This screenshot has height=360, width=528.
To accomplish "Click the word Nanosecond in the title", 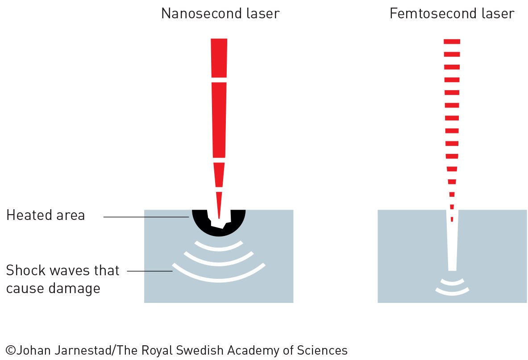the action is pyautogui.click(x=201, y=13).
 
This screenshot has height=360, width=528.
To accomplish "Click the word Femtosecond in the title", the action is pyautogui.click(x=432, y=13).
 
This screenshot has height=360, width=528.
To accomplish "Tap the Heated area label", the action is pyautogui.click(x=46, y=215).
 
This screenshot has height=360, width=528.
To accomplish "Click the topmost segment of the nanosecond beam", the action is pyautogui.click(x=219, y=58).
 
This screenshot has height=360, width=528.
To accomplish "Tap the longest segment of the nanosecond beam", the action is pyautogui.click(x=219, y=120).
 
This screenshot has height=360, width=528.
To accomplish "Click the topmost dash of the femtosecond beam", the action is pyautogui.click(x=452, y=42).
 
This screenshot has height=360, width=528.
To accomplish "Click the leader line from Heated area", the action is pyautogui.click(x=146, y=217).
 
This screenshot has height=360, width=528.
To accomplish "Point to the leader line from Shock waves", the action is pyautogui.click(x=150, y=271).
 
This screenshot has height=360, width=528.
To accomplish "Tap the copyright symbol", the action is pyautogui.click(x=11, y=350).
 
